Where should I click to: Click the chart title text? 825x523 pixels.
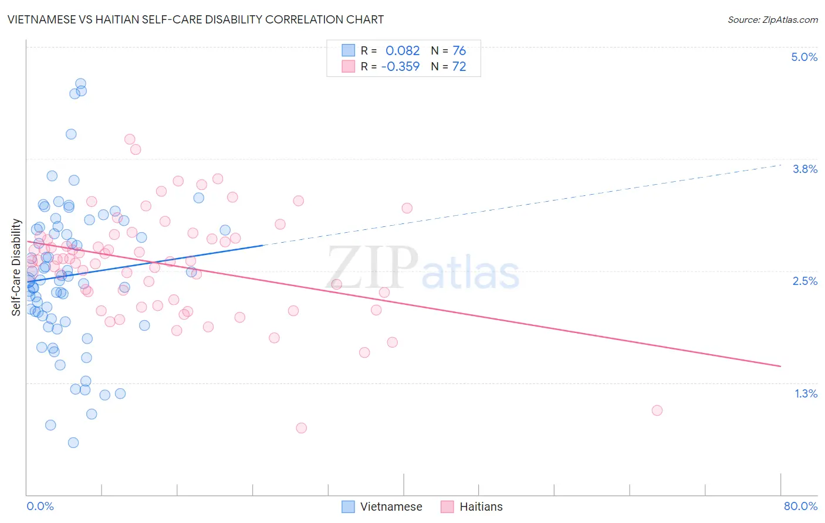click(196, 19)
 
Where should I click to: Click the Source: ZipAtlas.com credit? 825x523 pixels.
click(772, 19)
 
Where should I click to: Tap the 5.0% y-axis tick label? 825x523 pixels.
click(804, 57)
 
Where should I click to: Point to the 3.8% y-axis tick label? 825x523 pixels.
click(804, 169)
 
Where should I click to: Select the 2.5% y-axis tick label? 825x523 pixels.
click(804, 281)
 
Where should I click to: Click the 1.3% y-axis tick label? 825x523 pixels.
click(806, 393)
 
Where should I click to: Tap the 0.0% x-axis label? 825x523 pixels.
click(40, 506)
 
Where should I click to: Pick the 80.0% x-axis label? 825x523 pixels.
click(800, 506)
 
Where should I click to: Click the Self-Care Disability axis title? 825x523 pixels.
click(16, 267)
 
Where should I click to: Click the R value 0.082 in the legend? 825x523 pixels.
click(403, 51)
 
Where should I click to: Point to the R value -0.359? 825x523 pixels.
click(400, 67)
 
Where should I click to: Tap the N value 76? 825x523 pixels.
click(459, 51)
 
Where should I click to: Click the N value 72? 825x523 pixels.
click(459, 67)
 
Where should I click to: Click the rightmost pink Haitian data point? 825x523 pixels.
click(657, 410)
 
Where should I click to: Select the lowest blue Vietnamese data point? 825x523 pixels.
click(73, 443)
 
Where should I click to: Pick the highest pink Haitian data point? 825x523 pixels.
click(130, 140)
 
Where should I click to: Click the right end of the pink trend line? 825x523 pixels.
click(780, 366)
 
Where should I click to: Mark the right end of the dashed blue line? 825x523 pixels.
click(780, 165)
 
